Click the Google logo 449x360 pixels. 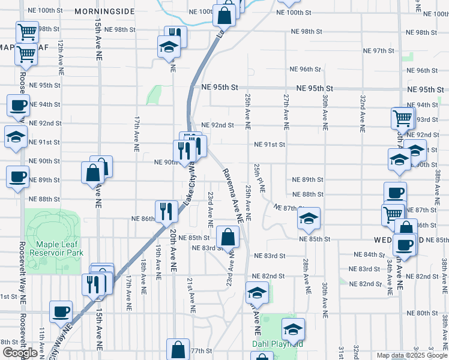pyautogui.click(x=20, y=353)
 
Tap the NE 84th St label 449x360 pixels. pyautogui.click(x=369, y=254)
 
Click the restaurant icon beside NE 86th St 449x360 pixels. pyautogui.click(x=166, y=211)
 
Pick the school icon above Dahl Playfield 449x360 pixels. pyautogui.click(x=293, y=329)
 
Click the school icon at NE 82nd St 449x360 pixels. pyautogui.click(x=256, y=292)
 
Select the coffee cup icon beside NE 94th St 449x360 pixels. pyautogui.click(x=17, y=106)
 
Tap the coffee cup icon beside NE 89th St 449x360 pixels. pyautogui.click(x=17, y=176)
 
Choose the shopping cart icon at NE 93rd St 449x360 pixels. pyautogui.click(x=402, y=118)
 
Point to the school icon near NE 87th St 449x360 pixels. pyautogui.click(x=309, y=218)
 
